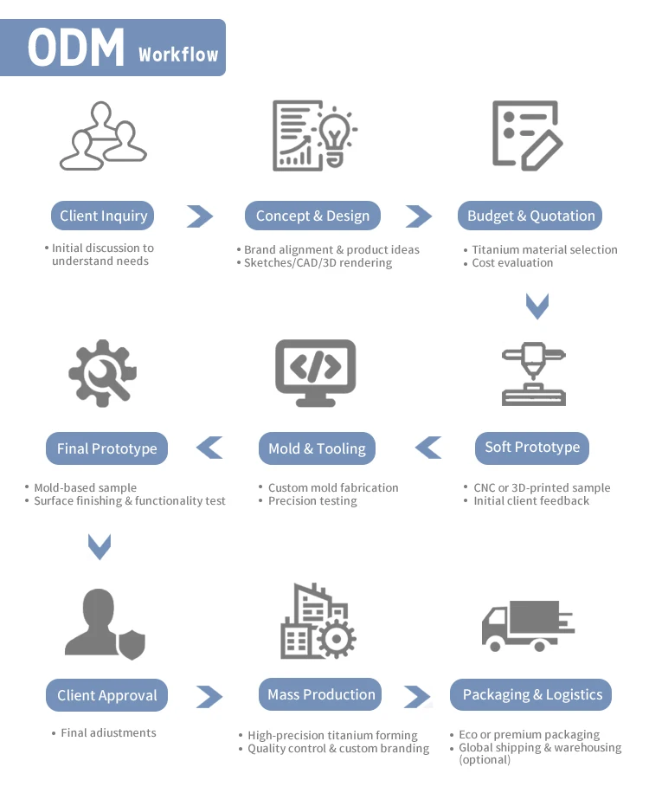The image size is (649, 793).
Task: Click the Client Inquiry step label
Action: [x=103, y=216]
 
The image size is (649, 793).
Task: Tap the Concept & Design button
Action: [x=312, y=216]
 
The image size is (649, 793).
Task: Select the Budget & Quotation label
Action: [x=530, y=216]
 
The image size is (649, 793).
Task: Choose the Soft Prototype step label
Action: [x=532, y=448]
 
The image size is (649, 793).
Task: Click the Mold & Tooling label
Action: [x=317, y=448]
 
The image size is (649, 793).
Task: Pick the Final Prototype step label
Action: [x=106, y=448]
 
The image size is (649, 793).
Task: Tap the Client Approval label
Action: [x=106, y=695]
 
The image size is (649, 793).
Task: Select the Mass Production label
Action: [x=320, y=694]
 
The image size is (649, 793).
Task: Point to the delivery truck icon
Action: [x=528, y=626]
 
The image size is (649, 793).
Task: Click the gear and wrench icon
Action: [x=103, y=373]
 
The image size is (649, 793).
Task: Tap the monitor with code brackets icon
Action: [x=315, y=373]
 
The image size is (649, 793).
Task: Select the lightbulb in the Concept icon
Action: [x=335, y=136]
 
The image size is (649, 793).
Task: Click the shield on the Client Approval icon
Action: [x=132, y=645]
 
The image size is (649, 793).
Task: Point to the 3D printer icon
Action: [x=534, y=374]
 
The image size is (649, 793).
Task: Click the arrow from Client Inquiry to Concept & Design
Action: [x=200, y=216]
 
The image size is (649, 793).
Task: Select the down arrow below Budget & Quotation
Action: [x=537, y=306]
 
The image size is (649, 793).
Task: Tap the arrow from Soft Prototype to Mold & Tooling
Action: [x=428, y=448]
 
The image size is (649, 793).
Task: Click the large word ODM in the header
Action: [x=76, y=48]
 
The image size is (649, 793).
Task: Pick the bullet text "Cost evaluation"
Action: [x=512, y=263]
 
